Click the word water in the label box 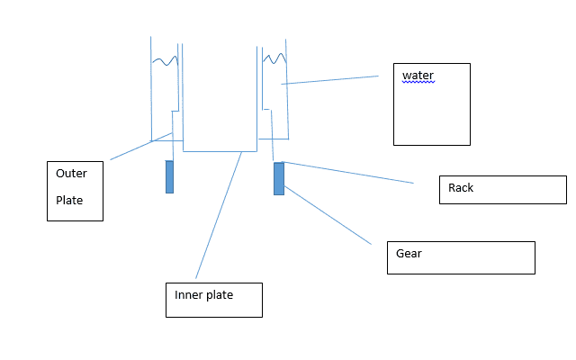click(x=418, y=75)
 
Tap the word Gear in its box click(x=409, y=254)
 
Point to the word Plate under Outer click(x=69, y=201)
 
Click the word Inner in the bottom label click(x=189, y=294)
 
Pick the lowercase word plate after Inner click(x=220, y=294)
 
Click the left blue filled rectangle click(x=169, y=176)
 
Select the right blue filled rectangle click(x=279, y=178)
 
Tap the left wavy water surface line click(x=165, y=61)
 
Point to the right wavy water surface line click(x=274, y=59)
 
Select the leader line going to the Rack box click(x=351, y=173)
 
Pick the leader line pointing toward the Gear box click(x=328, y=217)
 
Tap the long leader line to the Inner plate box click(x=219, y=216)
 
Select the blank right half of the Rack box click(x=531, y=190)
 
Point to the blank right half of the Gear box click(x=495, y=257)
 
